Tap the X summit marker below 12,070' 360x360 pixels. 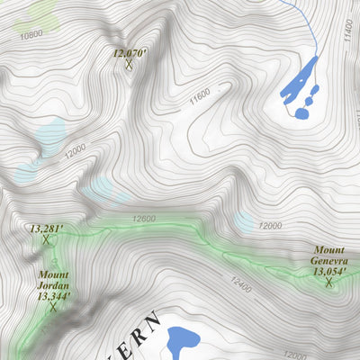pos(130,64)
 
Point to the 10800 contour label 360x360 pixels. pos(31,34)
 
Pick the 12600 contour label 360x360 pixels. pos(143,219)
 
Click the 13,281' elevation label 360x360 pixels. pos(46,229)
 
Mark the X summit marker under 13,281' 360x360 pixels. pos(45,240)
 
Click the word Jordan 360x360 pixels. pos(52,284)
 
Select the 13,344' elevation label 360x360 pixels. pos(53,295)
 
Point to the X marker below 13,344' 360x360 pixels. pos(53,307)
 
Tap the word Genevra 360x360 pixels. pos(329,259)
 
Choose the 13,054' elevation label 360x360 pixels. pos(329,270)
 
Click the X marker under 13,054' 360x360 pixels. pos(329,283)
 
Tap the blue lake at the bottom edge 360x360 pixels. pos(183,342)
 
